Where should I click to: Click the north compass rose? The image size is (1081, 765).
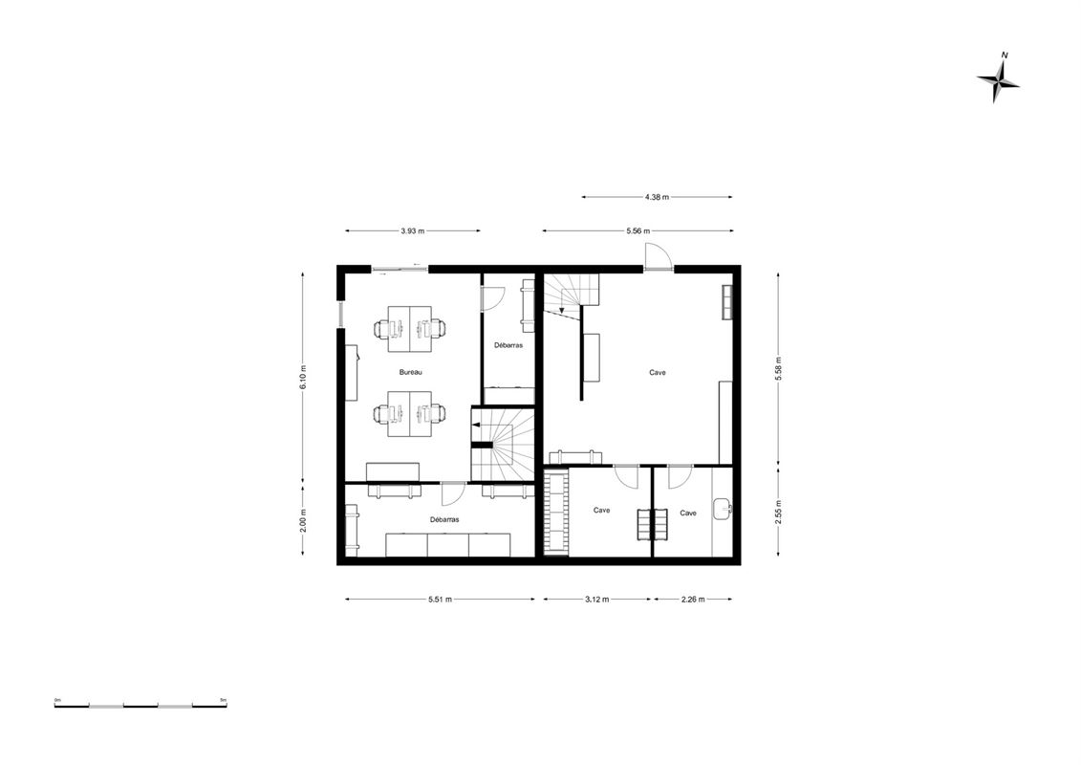click(x=998, y=80)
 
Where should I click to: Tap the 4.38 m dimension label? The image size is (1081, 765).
click(x=657, y=197)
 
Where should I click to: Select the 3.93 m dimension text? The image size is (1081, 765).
click(x=412, y=231)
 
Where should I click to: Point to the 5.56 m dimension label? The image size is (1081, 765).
click(x=638, y=231)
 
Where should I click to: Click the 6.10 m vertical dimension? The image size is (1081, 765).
click(x=303, y=378)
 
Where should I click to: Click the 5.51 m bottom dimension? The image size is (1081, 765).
click(x=440, y=600)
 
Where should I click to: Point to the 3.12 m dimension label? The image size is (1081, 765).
click(x=597, y=600)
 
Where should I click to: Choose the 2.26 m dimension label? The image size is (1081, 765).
click(x=693, y=600)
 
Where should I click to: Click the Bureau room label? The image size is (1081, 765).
click(x=411, y=373)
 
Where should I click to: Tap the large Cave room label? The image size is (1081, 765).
click(x=658, y=373)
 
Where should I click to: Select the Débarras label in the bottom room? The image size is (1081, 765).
click(x=444, y=520)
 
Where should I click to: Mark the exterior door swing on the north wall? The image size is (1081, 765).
click(x=657, y=256)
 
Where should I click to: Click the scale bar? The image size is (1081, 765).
click(x=141, y=705)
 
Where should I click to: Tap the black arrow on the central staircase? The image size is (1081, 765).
click(x=476, y=426)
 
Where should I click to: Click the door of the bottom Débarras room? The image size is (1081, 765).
click(x=453, y=493)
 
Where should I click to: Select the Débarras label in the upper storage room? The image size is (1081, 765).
click(x=508, y=345)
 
